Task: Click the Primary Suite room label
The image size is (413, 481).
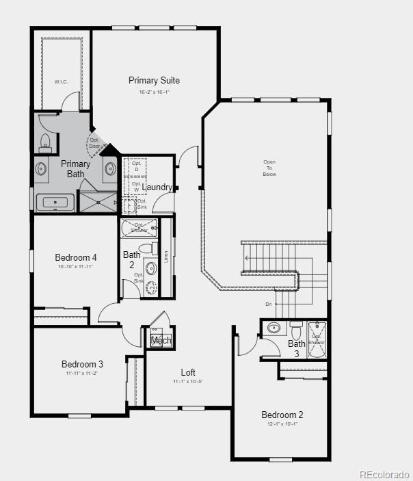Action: click(x=155, y=81)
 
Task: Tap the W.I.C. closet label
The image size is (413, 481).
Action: click(x=62, y=81)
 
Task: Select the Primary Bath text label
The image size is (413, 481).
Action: click(x=75, y=169)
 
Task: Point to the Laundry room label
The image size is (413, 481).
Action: click(x=158, y=187)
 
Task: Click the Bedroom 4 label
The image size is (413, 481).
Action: click(x=76, y=257)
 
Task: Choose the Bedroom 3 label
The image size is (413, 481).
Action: click(x=82, y=364)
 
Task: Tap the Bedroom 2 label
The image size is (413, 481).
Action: click(x=282, y=415)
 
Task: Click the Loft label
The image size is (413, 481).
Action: click(x=188, y=372)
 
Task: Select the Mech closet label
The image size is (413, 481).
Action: click(x=161, y=340)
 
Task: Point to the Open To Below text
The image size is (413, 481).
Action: click(x=269, y=168)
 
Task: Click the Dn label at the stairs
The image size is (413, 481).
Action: click(x=269, y=304)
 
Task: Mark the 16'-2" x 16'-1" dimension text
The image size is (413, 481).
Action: click(x=154, y=92)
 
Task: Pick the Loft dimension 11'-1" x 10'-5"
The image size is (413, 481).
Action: click(x=188, y=381)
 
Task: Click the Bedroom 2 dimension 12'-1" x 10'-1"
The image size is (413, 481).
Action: click(x=282, y=424)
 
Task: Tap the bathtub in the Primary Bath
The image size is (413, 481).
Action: click(x=55, y=202)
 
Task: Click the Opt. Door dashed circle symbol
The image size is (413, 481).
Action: click(x=94, y=144)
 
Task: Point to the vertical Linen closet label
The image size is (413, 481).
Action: click(x=165, y=257)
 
